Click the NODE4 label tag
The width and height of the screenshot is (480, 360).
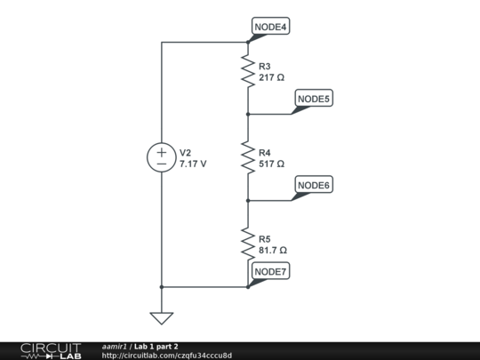pos(270,27)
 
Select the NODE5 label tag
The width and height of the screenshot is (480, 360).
pos(313,99)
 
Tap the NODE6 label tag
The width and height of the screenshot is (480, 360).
pos(313,185)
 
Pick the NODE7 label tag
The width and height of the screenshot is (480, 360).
pos(270,271)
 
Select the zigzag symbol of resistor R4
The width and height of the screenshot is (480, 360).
pos(248,157)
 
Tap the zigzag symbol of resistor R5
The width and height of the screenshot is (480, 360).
pos(248,244)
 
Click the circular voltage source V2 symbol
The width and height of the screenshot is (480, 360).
pos(162,157)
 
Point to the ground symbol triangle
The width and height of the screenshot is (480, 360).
pos(162,317)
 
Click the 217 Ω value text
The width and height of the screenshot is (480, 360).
pos(271,77)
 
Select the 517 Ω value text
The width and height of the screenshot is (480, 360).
pos(271,164)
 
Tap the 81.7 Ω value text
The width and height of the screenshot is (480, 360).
pos(273,250)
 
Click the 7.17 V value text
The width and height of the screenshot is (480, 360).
pos(193,164)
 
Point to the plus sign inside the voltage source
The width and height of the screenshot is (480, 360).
pos(162,152)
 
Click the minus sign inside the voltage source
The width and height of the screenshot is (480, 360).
pos(162,164)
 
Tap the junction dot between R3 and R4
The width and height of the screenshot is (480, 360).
pos(248,114)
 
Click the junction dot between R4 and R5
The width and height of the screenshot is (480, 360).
pos(248,201)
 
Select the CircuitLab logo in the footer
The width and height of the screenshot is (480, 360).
pos(50,350)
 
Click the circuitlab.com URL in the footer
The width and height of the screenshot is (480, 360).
pos(167,356)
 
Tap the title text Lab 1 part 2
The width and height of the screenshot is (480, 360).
pos(156,346)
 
